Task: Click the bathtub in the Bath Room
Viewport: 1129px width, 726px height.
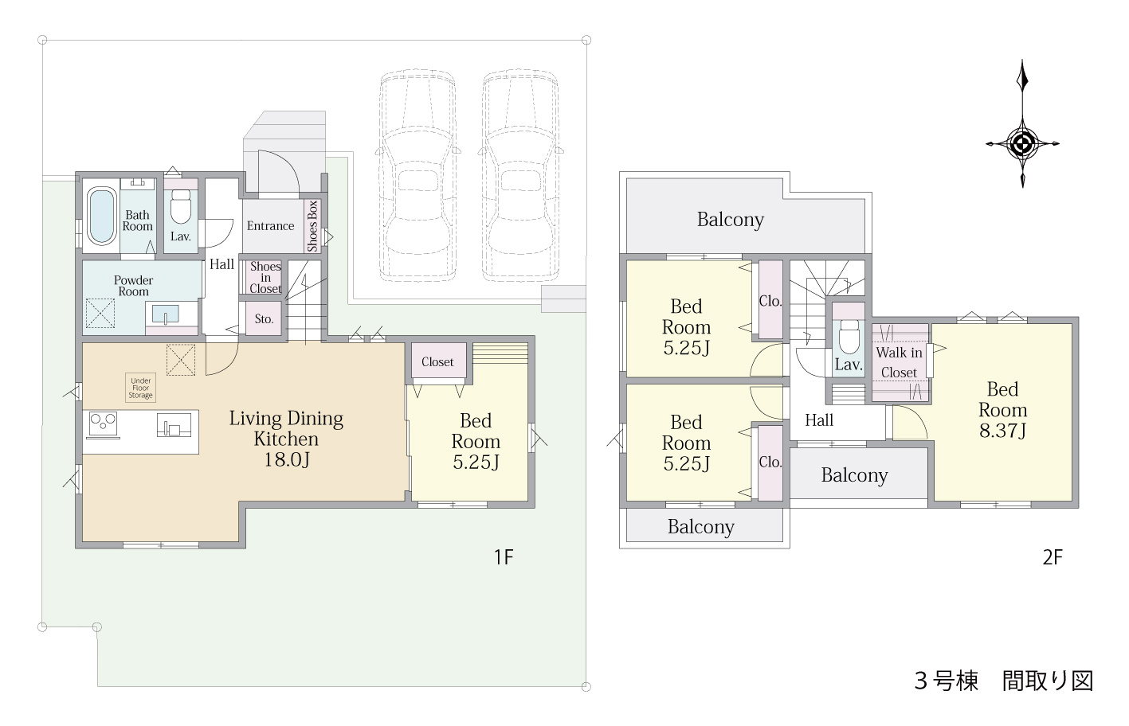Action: click(x=101, y=216)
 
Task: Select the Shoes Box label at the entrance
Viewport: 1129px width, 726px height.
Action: click(x=313, y=226)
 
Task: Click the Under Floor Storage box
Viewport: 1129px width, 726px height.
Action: click(x=140, y=388)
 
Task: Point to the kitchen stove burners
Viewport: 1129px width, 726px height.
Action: click(x=104, y=423)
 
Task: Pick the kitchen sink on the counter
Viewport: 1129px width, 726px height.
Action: click(x=174, y=425)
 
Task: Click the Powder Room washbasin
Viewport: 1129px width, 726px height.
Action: click(x=165, y=315)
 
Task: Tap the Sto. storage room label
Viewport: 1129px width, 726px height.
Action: click(x=264, y=318)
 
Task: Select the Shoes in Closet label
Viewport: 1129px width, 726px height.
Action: click(x=265, y=277)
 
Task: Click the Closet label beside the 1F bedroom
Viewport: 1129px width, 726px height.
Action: click(x=437, y=361)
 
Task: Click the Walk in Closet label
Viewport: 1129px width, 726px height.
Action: click(x=900, y=362)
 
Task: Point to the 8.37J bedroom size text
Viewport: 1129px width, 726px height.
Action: click(x=1002, y=431)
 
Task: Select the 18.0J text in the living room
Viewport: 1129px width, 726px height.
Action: click(x=287, y=459)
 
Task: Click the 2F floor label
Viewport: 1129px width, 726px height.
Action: click(x=1053, y=557)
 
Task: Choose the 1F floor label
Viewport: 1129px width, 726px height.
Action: click(x=503, y=557)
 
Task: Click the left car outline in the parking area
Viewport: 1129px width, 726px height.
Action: click(x=417, y=175)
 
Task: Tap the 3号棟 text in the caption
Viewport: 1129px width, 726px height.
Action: click(x=946, y=681)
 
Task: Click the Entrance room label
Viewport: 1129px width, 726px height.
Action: click(x=270, y=226)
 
